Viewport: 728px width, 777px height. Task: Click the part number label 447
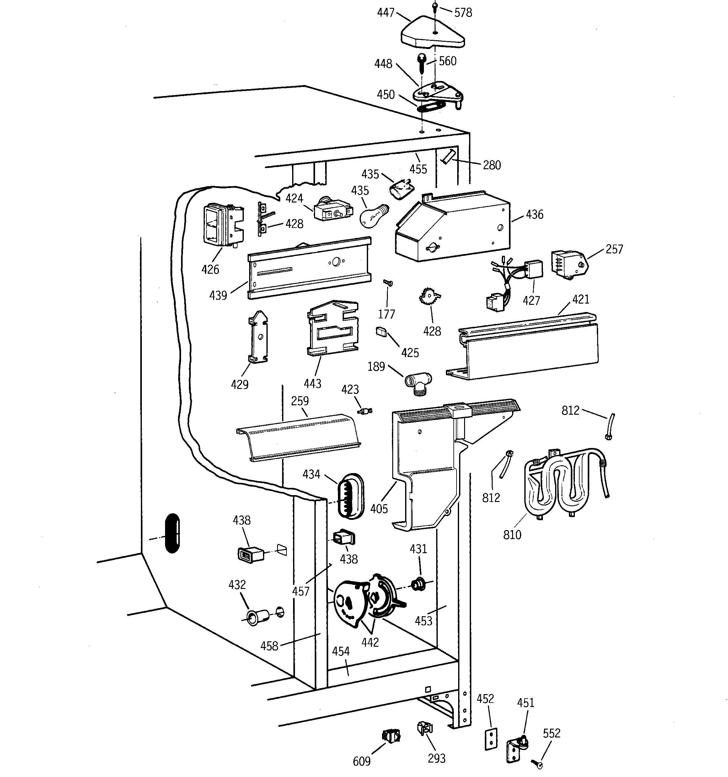[385, 13]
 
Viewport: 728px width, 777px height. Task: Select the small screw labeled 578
[435, 7]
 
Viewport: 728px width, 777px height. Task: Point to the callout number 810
[512, 535]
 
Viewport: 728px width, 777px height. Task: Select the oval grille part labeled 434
[351, 496]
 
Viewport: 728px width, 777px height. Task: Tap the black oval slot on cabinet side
[172, 533]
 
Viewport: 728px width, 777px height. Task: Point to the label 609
[361, 761]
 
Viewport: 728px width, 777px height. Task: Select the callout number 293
[436, 758]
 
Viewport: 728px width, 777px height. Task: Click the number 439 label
[218, 295]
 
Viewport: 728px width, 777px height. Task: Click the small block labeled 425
[381, 332]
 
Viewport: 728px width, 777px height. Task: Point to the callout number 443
[312, 383]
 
